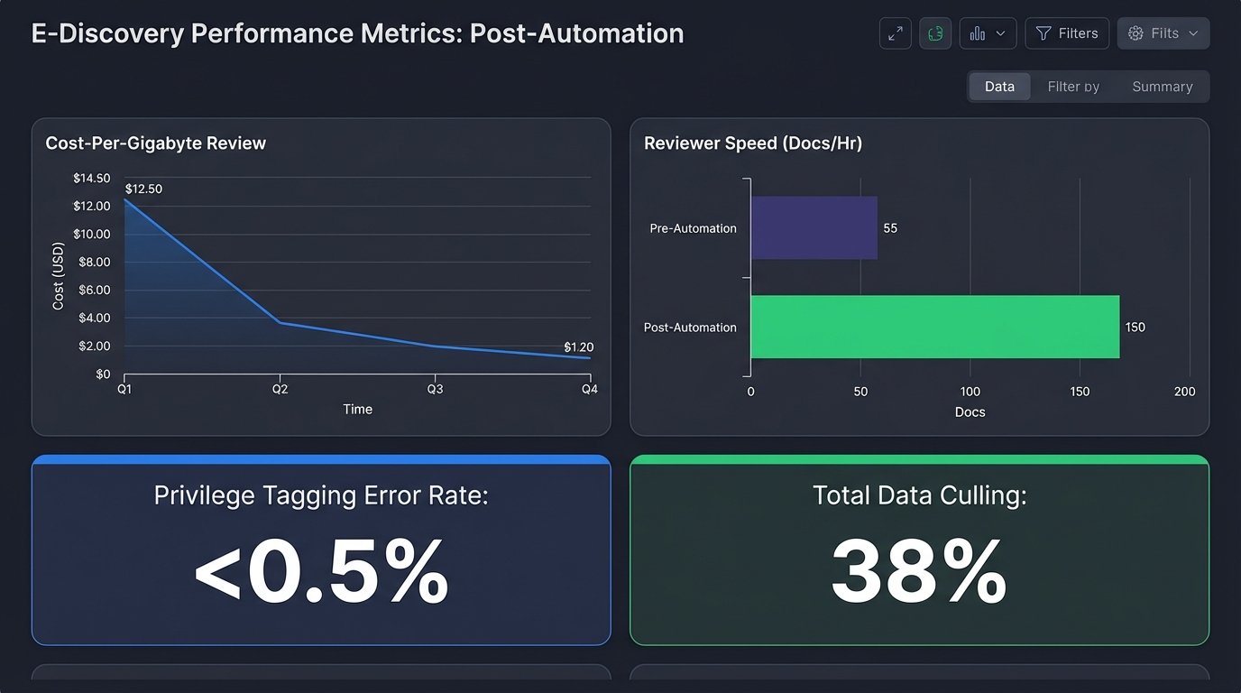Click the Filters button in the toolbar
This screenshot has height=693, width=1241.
pyautogui.click(x=1067, y=33)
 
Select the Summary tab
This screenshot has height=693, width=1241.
pyautogui.click(x=1162, y=87)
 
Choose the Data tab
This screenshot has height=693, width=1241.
pyautogui.click(x=999, y=87)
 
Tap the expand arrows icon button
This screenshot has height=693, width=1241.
pyautogui.click(x=895, y=33)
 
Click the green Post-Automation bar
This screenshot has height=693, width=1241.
pyautogui.click(x=934, y=327)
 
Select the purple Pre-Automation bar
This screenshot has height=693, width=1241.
pyautogui.click(x=814, y=228)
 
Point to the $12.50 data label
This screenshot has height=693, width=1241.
pyautogui.click(x=143, y=189)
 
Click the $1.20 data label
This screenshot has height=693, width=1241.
pyautogui.click(x=578, y=347)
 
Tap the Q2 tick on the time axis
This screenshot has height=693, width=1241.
pyautogui.click(x=280, y=389)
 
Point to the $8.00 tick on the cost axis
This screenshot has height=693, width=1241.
pyautogui.click(x=92, y=262)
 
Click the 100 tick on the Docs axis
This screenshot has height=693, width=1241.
pyautogui.click(x=970, y=392)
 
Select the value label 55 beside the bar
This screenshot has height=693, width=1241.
pyautogui.click(x=890, y=228)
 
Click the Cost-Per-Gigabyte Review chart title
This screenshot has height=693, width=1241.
pyautogui.click(x=155, y=143)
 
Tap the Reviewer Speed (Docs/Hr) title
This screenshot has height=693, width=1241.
pyautogui.click(x=752, y=143)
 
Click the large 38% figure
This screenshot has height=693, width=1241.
pyautogui.click(x=918, y=572)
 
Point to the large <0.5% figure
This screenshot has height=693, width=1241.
pyautogui.click(x=321, y=572)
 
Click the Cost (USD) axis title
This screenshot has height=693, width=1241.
pyautogui.click(x=59, y=276)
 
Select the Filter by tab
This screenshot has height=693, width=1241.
pyautogui.click(x=1073, y=87)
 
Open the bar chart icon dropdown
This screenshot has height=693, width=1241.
pyautogui.click(x=988, y=33)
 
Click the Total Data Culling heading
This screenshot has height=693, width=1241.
pyautogui.click(x=919, y=495)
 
